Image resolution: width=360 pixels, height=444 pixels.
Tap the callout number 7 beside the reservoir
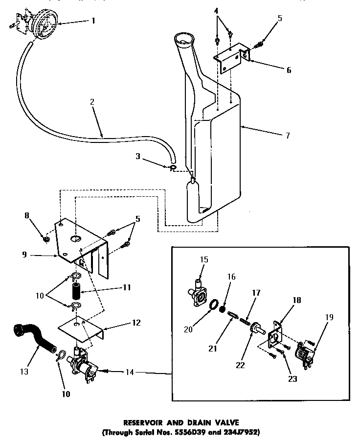[288, 136]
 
